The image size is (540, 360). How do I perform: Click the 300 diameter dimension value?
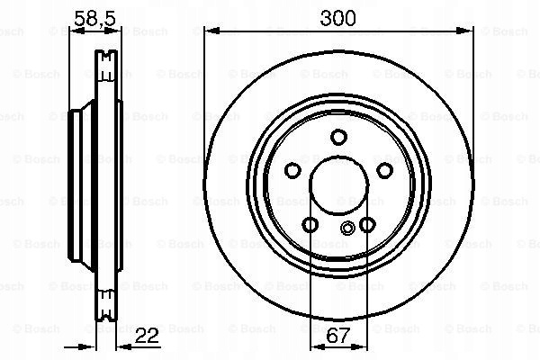(337, 18)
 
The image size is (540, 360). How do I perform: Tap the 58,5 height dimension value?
(94, 18)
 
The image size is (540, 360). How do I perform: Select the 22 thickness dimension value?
(147, 336)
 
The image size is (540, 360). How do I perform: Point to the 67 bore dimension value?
(337, 336)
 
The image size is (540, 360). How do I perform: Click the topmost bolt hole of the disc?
(338, 137)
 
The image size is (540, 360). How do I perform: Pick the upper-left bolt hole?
(292, 170)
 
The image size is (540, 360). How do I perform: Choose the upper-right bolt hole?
(384, 170)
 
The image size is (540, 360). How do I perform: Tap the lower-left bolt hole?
(310, 225)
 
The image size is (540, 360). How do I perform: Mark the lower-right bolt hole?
(367, 225)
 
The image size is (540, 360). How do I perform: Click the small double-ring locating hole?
(347, 228)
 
